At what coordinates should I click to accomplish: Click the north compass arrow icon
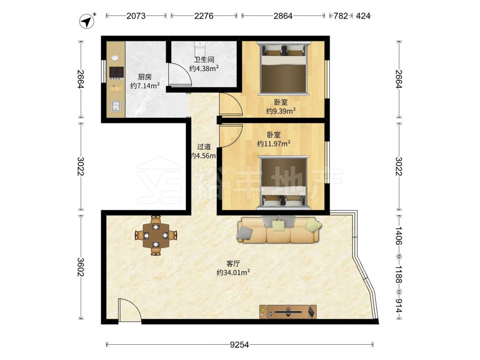[x=87, y=21]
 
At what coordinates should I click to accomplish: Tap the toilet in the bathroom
[x=200, y=49]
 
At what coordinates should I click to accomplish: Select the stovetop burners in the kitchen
[x=116, y=72]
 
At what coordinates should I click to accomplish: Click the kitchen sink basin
[x=116, y=106]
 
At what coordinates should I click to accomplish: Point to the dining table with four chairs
[x=156, y=235]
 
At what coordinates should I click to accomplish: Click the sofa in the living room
[x=278, y=229]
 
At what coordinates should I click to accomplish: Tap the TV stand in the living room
[x=288, y=312]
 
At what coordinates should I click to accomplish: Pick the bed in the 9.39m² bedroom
[x=284, y=68]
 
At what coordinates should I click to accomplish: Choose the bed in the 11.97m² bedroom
[x=284, y=182]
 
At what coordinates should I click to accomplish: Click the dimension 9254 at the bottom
[x=240, y=345]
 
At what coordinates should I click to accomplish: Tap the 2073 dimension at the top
[x=136, y=16]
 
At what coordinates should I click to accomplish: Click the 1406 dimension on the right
[x=398, y=235]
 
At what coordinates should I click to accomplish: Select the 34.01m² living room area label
[x=233, y=273]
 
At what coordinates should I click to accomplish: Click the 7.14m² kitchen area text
[x=145, y=86]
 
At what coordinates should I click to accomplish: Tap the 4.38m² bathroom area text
[x=204, y=68]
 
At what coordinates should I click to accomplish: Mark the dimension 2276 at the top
[x=204, y=16]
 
